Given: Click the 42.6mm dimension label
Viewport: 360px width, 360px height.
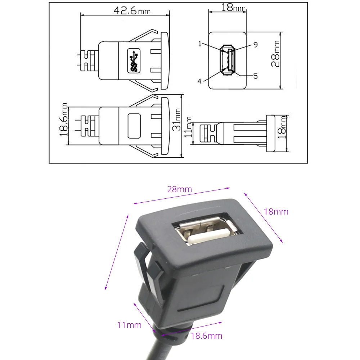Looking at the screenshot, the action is [132, 10].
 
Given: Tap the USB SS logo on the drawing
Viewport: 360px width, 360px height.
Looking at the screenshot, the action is [134, 60].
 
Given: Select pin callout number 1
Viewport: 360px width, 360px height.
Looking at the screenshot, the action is [200, 44].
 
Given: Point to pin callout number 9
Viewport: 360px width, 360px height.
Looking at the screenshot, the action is [256, 45].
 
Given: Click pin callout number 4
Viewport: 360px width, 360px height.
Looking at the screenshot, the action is [199, 81].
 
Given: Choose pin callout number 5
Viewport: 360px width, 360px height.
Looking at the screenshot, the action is [255, 76].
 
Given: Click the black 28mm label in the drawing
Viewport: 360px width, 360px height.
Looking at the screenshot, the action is [275, 54].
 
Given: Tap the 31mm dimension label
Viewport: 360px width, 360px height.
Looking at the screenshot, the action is [177, 120].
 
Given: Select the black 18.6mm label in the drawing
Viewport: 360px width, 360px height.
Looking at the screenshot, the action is [64, 120].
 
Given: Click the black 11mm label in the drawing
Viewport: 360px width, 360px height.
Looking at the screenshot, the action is [188, 127].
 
